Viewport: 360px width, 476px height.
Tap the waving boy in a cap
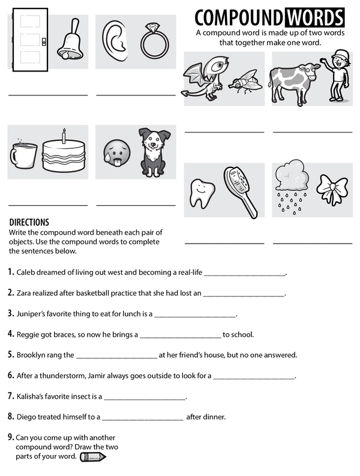338,75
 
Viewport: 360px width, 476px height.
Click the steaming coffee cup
23,155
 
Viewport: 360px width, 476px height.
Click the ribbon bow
332,190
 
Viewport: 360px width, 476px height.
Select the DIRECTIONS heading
29,222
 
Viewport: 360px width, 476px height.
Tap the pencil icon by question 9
93,457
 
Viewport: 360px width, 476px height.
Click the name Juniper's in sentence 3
34,313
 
